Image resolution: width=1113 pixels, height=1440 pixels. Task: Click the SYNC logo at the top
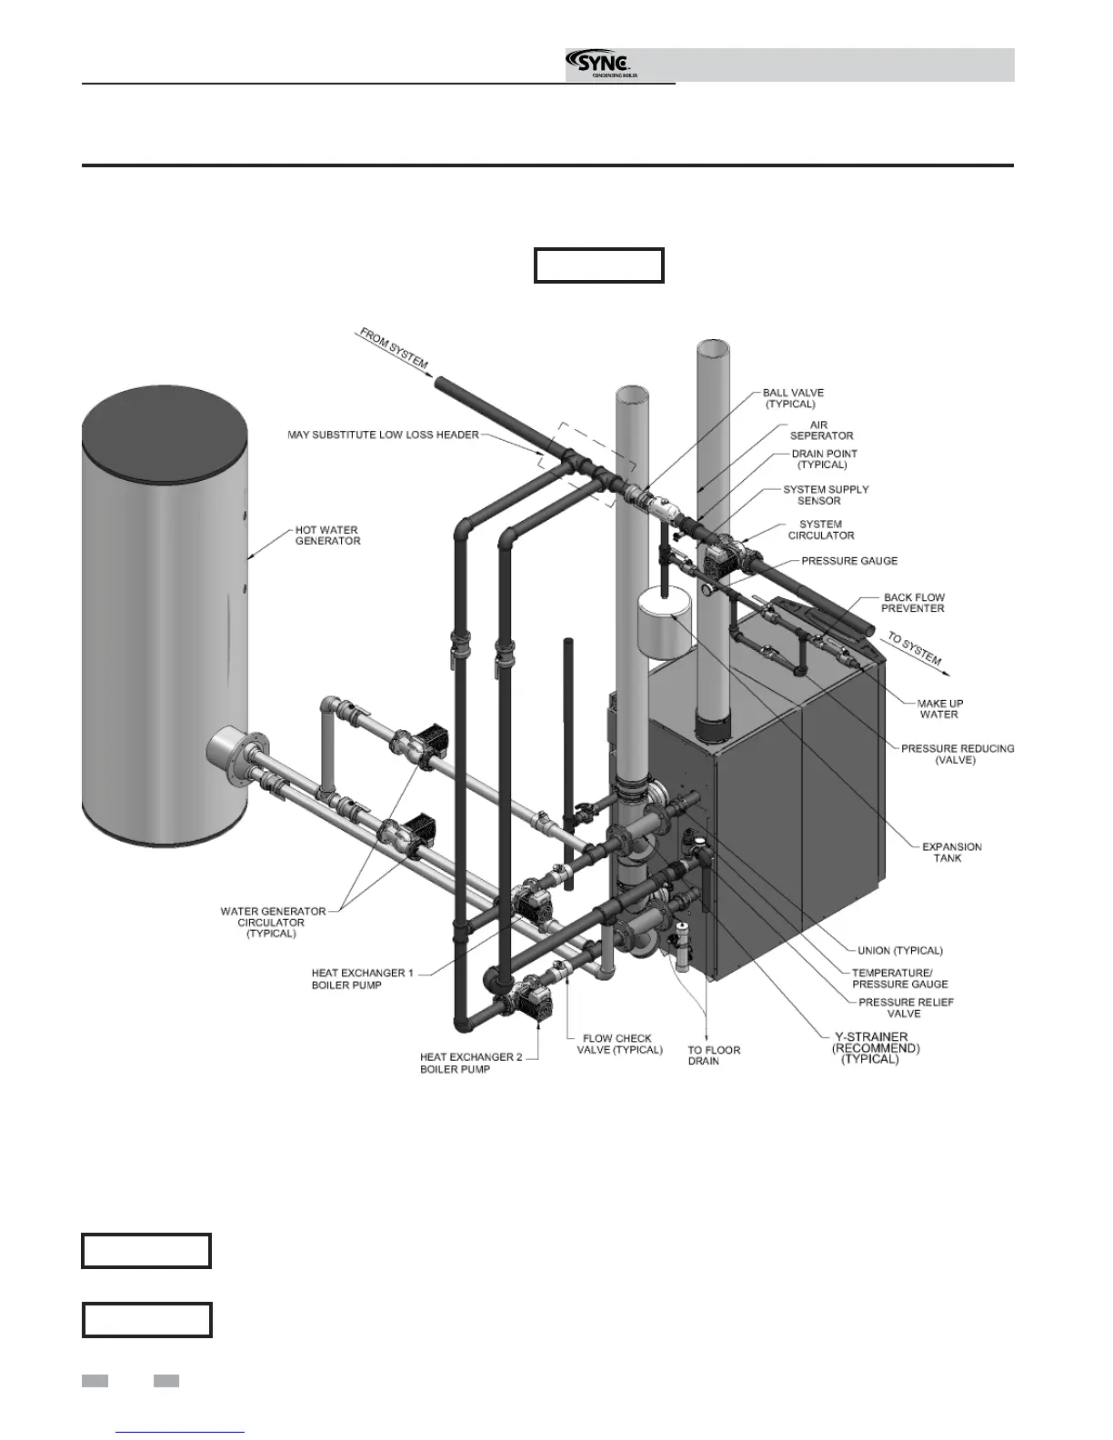point(600,64)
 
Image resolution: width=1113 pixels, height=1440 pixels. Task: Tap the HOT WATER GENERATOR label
point(327,535)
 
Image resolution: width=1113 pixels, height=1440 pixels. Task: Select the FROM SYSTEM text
point(394,348)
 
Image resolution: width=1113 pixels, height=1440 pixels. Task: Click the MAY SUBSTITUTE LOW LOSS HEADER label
point(383,435)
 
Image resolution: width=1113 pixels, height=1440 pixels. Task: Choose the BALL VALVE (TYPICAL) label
point(793,398)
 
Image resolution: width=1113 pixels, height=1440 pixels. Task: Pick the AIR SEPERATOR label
point(821,430)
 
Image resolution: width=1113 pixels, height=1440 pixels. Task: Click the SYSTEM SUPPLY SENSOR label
point(826,495)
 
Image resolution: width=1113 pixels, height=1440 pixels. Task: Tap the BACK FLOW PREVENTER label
point(914,603)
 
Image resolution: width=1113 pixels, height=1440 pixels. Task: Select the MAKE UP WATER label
point(939,708)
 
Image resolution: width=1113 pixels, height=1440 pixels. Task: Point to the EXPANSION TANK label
point(952,852)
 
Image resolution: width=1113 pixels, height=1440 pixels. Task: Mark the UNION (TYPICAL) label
point(900,951)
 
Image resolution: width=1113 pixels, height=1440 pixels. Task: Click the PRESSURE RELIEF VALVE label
point(906,1007)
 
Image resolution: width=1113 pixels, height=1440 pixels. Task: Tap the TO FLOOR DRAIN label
point(714,1055)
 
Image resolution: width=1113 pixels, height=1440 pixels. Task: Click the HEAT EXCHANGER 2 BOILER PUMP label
point(455,1063)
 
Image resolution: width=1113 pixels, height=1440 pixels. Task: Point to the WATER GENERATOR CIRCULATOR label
point(272,922)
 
